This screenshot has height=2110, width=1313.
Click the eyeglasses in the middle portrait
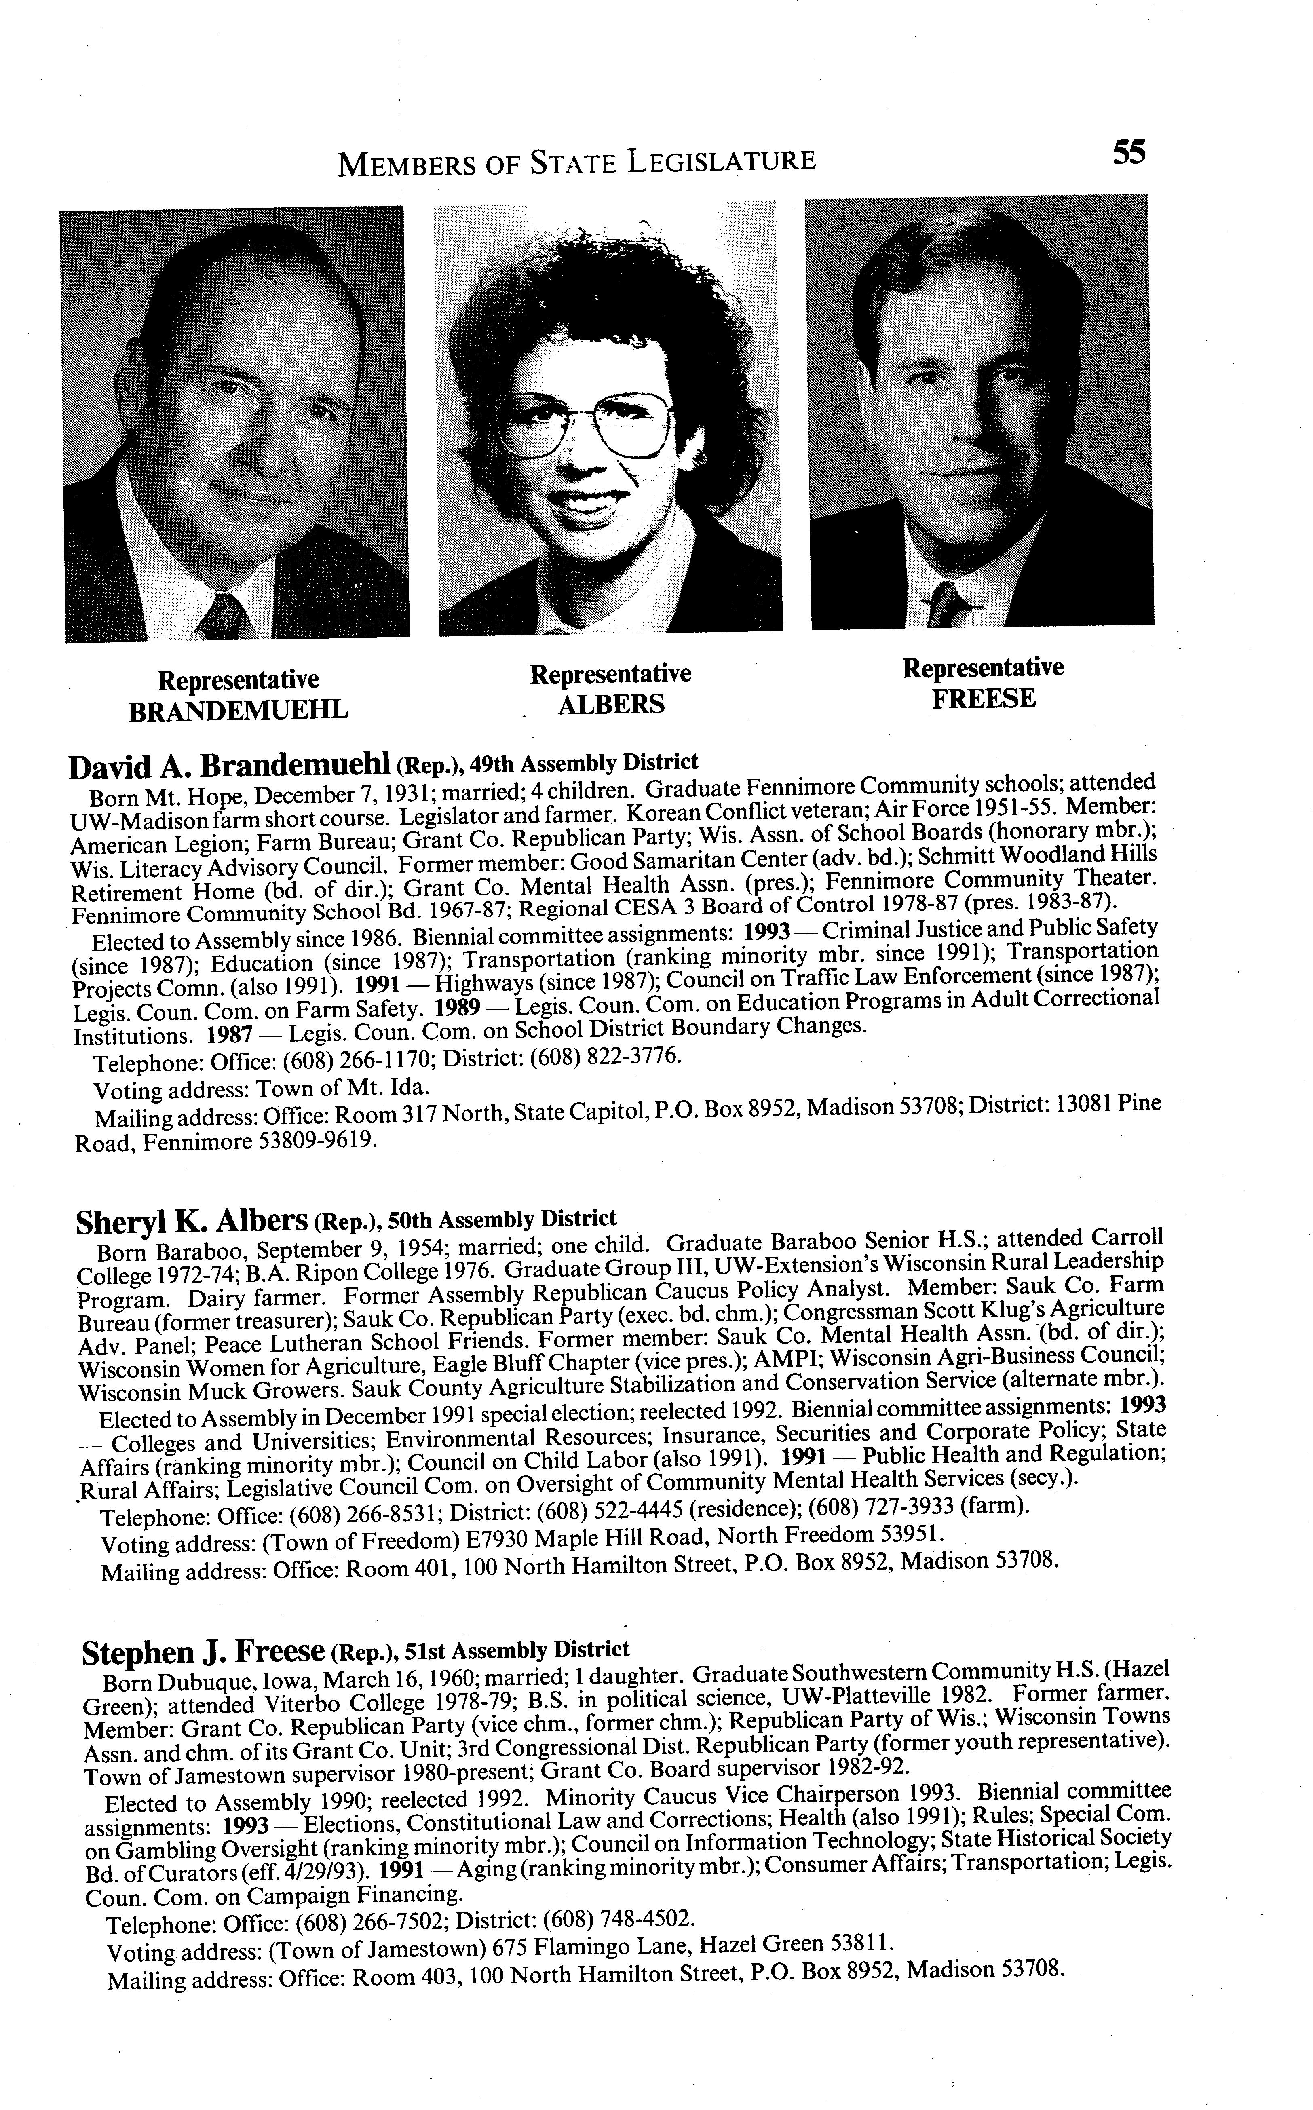tap(589, 423)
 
